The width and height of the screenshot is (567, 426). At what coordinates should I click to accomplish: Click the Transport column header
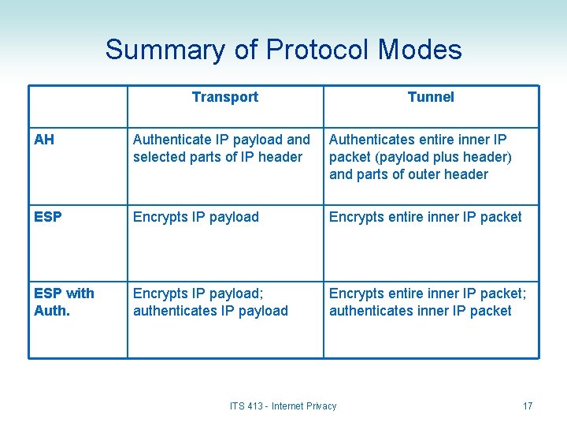(x=224, y=97)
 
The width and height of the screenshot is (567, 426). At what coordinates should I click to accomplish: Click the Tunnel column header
(x=431, y=97)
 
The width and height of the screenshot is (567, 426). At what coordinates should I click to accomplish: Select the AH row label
(x=44, y=140)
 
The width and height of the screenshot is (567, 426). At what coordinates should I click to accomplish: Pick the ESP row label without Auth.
(x=48, y=217)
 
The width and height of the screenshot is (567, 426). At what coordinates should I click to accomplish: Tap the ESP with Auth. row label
(x=64, y=301)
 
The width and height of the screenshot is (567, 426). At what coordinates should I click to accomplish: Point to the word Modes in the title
(x=420, y=50)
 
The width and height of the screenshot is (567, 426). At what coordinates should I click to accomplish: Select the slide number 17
(x=528, y=406)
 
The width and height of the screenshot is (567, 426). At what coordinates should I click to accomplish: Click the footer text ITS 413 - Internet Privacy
(x=283, y=406)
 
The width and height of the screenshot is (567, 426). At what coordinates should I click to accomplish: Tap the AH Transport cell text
(x=221, y=148)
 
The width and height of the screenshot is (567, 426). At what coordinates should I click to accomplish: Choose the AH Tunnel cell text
(x=420, y=157)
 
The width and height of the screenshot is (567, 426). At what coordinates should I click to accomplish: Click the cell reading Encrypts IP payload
(x=196, y=217)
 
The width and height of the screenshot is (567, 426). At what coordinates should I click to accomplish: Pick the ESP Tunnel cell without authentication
(x=425, y=217)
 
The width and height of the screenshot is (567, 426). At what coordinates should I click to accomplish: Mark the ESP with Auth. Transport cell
(x=210, y=302)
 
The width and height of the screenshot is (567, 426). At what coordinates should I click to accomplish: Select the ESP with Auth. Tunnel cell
(x=428, y=302)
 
